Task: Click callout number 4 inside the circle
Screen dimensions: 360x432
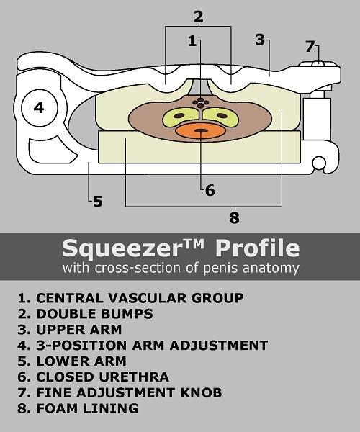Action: pos(39,107)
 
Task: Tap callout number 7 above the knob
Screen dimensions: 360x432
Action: pos(310,46)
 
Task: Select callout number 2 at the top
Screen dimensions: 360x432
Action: pos(199,17)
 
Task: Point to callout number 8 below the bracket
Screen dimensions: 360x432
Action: pos(235,217)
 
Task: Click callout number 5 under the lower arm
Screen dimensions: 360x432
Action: pos(98,202)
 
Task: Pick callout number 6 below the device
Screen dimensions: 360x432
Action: pos(210,190)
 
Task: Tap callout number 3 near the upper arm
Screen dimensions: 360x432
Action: pos(260,40)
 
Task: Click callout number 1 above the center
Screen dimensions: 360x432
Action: pos(192,41)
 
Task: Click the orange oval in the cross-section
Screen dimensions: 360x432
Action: pos(200,131)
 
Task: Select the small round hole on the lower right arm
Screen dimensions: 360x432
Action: pos(319,163)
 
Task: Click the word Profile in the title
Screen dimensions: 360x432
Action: pos(258,248)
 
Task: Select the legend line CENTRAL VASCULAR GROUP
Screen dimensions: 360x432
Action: pos(131,298)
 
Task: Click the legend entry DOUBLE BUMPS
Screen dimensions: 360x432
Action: pos(86,314)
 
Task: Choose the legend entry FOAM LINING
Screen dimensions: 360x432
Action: pos(78,408)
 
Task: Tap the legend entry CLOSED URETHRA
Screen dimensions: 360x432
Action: pos(94,377)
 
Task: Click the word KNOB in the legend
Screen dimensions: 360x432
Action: pos(201,392)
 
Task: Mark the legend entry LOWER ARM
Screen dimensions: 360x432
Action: pos(72,361)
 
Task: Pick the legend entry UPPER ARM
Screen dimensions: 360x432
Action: pos(70,330)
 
